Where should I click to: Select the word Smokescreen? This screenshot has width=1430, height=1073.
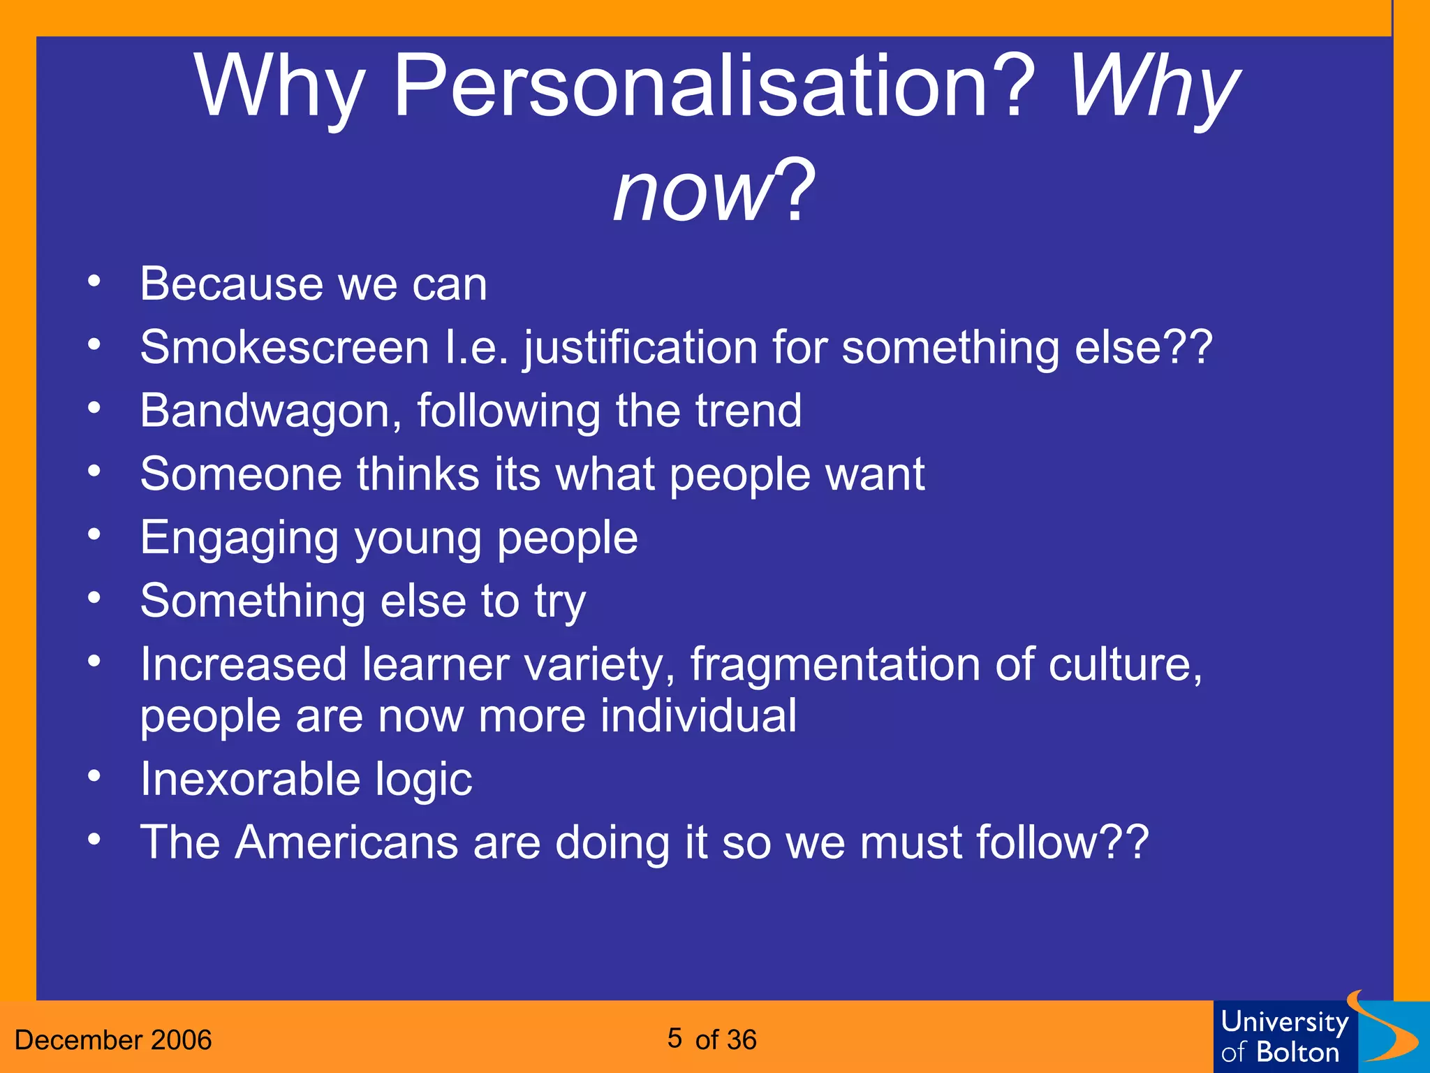(284, 347)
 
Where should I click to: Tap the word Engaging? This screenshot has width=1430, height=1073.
(239, 539)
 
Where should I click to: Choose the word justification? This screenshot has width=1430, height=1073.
(640, 347)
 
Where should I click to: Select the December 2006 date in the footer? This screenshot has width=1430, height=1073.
(113, 1040)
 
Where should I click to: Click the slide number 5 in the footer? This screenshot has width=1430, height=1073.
(674, 1038)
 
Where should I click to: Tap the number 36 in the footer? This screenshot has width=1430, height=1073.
(740, 1040)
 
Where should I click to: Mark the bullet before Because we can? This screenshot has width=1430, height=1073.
(94, 283)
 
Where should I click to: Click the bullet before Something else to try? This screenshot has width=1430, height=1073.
(94, 599)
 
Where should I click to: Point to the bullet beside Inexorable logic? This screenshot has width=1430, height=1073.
(94, 777)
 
